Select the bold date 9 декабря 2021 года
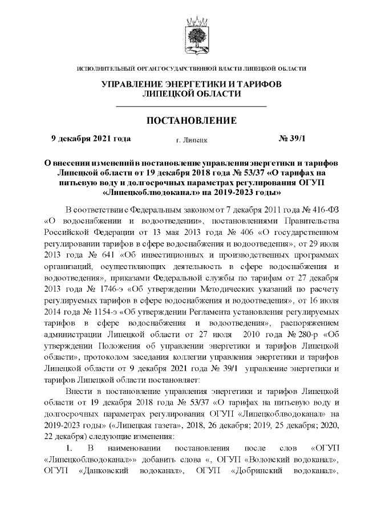tap(91, 138)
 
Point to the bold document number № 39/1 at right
tap(291, 138)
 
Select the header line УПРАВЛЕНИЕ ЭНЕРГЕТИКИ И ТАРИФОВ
tap(192, 84)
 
